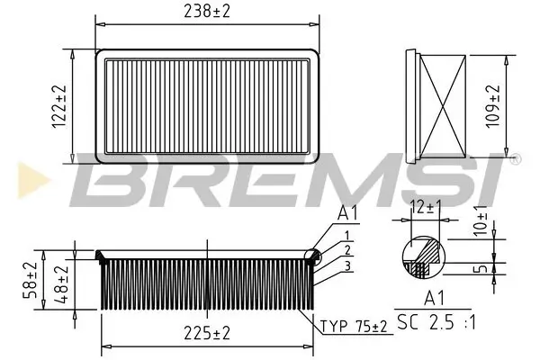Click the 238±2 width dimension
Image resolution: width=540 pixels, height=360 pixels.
click(206, 12)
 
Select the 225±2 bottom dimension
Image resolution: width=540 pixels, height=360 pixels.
click(206, 332)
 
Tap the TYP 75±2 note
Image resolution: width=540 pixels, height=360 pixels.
click(353, 326)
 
